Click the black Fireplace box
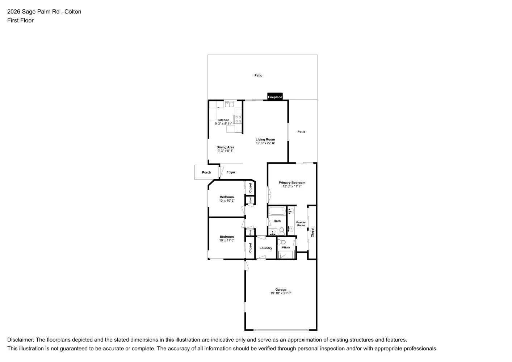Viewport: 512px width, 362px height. coord(275,97)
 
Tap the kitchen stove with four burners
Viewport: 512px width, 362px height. coord(238,119)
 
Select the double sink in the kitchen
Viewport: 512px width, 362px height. coord(229,105)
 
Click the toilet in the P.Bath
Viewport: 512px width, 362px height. coord(283,242)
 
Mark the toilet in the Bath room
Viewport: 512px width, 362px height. coord(282,230)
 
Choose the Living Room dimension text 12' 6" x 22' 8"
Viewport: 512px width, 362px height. coord(265,143)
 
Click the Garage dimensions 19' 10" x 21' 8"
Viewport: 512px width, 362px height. coord(281,293)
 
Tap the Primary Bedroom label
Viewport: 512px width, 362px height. coord(291,183)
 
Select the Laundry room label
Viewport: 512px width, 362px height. coord(266,248)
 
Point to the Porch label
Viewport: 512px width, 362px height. coord(206,172)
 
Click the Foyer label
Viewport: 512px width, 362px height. coord(231,172)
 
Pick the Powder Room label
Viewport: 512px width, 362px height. coord(301,224)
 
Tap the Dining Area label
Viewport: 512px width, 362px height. coord(225,147)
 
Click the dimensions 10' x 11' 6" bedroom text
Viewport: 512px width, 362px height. coord(227,240)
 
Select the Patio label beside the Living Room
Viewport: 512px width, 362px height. coord(301,132)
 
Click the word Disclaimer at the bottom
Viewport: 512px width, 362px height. coord(20,340)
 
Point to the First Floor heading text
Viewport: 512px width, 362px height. coord(20,20)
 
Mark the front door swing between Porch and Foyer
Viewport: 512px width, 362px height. coord(221,171)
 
